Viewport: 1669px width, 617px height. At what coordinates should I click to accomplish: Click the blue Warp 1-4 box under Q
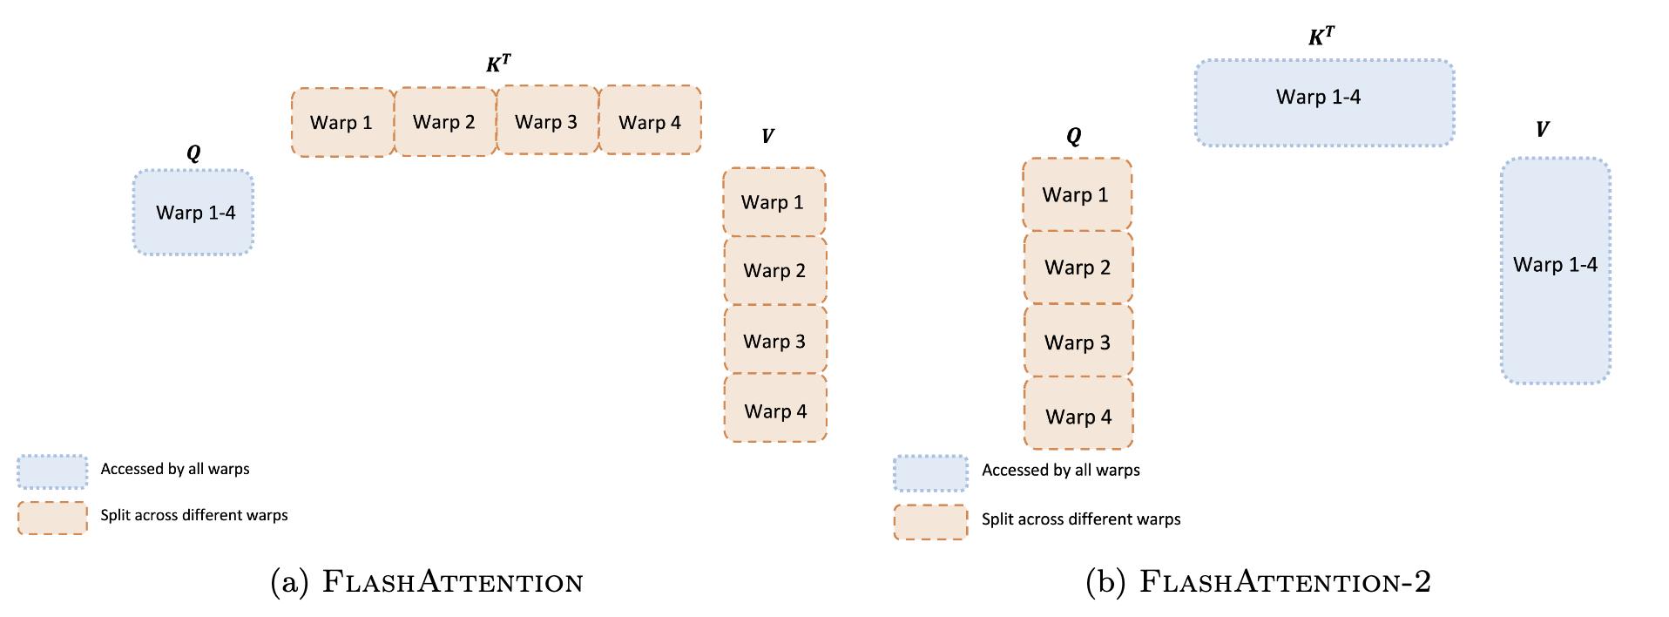pyautogui.click(x=193, y=213)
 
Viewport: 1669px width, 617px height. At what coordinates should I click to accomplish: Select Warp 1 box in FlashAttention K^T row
pyautogui.click(x=341, y=123)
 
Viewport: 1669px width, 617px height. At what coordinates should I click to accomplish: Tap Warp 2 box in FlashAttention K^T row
pyautogui.click(x=444, y=122)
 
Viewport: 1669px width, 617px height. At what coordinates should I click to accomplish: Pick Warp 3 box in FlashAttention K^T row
pyautogui.click(x=546, y=121)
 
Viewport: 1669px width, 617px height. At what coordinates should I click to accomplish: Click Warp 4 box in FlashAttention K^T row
pyautogui.click(x=650, y=121)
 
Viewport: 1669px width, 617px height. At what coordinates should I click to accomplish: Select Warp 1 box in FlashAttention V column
pyautogui.click(x=774, y=202)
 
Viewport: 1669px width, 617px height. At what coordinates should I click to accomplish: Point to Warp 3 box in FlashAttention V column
pyautogui.click(x=774, y=340)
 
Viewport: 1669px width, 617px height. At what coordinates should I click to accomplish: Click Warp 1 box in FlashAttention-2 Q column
pyautogui.click(x=1077, y=195)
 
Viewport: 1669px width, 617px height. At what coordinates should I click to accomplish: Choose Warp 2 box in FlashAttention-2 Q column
pyautogui.click(x=1078, y=268)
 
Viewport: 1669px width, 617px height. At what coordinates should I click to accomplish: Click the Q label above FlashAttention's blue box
pyautogui.click(x=193, y=153)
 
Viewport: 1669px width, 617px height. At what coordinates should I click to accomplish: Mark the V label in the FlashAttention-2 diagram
pyautogui.click(x=1542, y=130)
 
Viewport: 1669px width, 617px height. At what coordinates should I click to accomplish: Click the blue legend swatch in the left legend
pyautogui.click(x=52, y=471)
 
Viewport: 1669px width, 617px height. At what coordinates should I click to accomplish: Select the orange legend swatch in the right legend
pyautogui.click(x=930, y=521)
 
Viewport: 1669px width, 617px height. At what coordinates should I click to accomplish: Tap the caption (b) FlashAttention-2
pyautogui.click(x=1257, y=582)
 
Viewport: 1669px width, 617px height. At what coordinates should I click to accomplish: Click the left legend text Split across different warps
pyautogui.click(x=193, y=515)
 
